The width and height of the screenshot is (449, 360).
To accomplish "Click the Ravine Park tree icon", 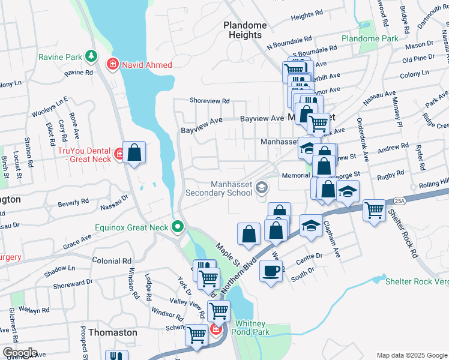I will click(91, 56).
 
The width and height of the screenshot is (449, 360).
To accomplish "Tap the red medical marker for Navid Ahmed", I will click(112, 64).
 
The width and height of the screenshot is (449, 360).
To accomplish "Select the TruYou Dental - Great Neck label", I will click(85, 155).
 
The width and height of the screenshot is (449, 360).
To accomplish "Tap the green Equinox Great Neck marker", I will click(177, 227).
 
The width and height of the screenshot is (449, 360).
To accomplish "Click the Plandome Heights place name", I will click(245, 30).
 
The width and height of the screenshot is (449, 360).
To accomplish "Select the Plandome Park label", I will click(370, 38).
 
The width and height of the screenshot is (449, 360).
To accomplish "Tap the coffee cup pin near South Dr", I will click(271, 271).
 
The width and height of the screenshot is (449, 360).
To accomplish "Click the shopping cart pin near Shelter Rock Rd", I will click(375, 210).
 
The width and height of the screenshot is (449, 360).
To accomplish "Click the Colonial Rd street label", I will click(112, 261).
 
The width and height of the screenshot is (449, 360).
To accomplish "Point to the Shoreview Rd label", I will click(209, 101).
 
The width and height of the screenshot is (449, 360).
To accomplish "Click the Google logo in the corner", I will click(20, 353).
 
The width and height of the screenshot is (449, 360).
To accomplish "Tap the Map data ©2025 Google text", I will click(411, 355).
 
